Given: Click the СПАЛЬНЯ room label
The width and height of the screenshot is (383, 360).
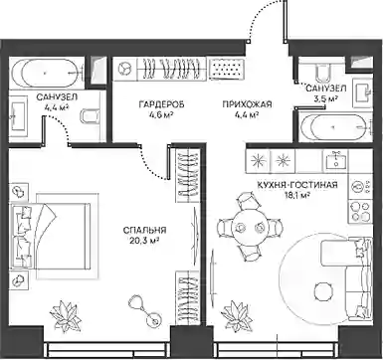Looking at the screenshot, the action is click(x=144, y=230).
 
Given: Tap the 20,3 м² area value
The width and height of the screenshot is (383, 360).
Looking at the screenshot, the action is click(x=145, y=240).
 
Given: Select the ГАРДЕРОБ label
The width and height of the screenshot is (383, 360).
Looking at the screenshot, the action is click(x=161, y=104).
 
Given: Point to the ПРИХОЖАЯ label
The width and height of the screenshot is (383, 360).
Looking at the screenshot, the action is click(x=247, y=104).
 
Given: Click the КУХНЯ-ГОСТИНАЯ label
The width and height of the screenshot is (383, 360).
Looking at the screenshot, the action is click(x=297, y=185).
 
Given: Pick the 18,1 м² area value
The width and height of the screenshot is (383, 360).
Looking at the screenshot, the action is click(x=297, y=195).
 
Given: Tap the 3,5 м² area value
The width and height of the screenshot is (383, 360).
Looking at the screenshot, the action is click(x=326, y=98).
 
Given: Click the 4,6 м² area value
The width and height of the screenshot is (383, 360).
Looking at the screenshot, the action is click(x=161, y=114).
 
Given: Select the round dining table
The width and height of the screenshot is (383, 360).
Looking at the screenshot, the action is click(x=250, y=228).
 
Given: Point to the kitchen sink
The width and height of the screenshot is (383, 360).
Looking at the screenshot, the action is click(x=335, y=159).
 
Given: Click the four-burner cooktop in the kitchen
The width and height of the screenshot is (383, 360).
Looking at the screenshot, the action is click(x=359, y=211).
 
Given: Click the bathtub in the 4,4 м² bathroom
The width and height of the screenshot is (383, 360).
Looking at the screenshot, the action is click(x=46, y=73).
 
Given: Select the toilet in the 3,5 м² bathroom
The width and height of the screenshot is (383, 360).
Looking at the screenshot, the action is click(x=322, y=73).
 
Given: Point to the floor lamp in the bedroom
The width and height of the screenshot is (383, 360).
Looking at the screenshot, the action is click(x=145, y=310).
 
